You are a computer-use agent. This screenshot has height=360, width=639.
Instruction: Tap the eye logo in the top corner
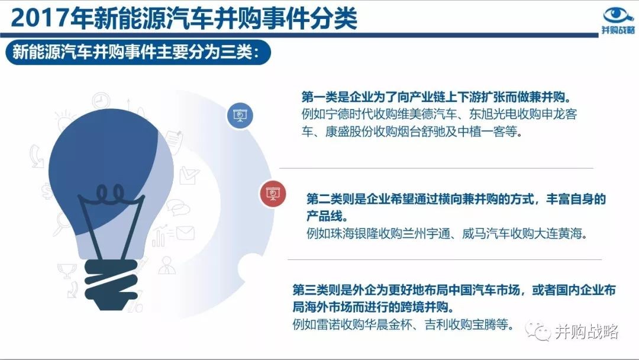point(618,15)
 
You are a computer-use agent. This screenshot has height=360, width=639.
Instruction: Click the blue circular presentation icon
point(240,115)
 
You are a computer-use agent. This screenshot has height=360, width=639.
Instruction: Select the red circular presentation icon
point(273,193)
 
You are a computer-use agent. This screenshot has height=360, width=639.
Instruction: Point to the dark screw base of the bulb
point(111,284)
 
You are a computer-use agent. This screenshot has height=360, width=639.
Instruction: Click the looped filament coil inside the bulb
point(110,194)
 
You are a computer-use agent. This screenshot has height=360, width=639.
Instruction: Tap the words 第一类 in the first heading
point(319,97)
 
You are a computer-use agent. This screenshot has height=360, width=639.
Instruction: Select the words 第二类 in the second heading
point(324,198)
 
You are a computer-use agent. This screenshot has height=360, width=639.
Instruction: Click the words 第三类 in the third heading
point(311,290)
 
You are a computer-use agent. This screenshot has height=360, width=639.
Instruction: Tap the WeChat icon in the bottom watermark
point(537,331)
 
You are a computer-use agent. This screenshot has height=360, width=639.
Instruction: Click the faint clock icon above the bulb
point(101,100)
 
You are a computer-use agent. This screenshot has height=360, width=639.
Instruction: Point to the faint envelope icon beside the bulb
point(185,233)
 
